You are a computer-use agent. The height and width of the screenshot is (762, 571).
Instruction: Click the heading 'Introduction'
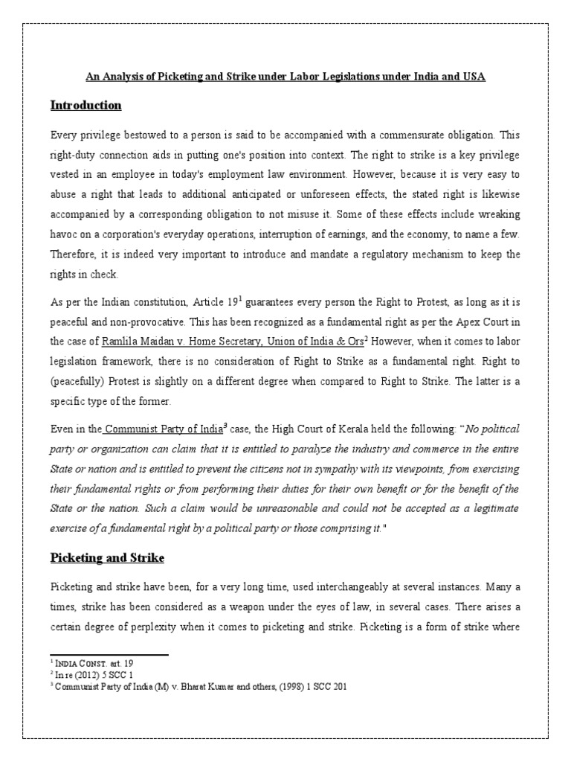[x=86, y=106]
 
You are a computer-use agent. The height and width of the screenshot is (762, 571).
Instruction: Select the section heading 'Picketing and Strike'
[x=107, y=558]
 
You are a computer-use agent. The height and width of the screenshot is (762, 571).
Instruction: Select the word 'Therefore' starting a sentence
[x=74, y=254]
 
